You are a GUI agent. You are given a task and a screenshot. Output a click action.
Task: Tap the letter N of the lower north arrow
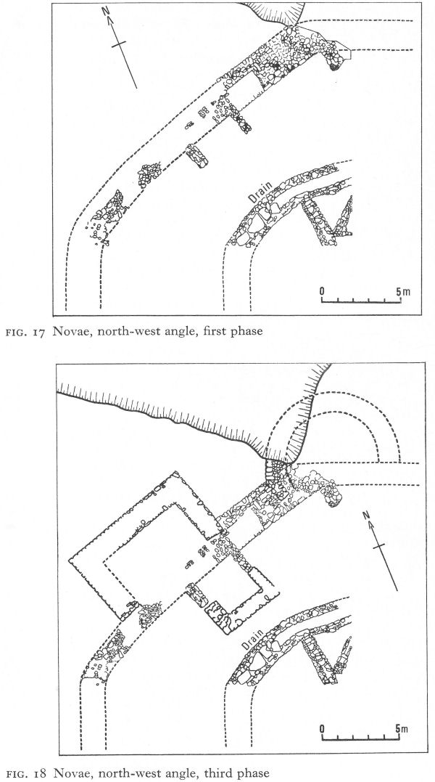coord(366,516)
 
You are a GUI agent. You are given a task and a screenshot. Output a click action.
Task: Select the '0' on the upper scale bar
coord(322,291)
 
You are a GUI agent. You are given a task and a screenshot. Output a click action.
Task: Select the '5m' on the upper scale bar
coord(403,291)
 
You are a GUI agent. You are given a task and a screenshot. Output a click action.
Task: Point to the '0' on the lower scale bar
coord(322,729)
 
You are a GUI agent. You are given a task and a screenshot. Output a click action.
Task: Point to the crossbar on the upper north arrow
coord(119,44)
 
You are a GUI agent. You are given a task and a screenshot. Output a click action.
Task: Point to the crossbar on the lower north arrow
coord(380,547)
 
